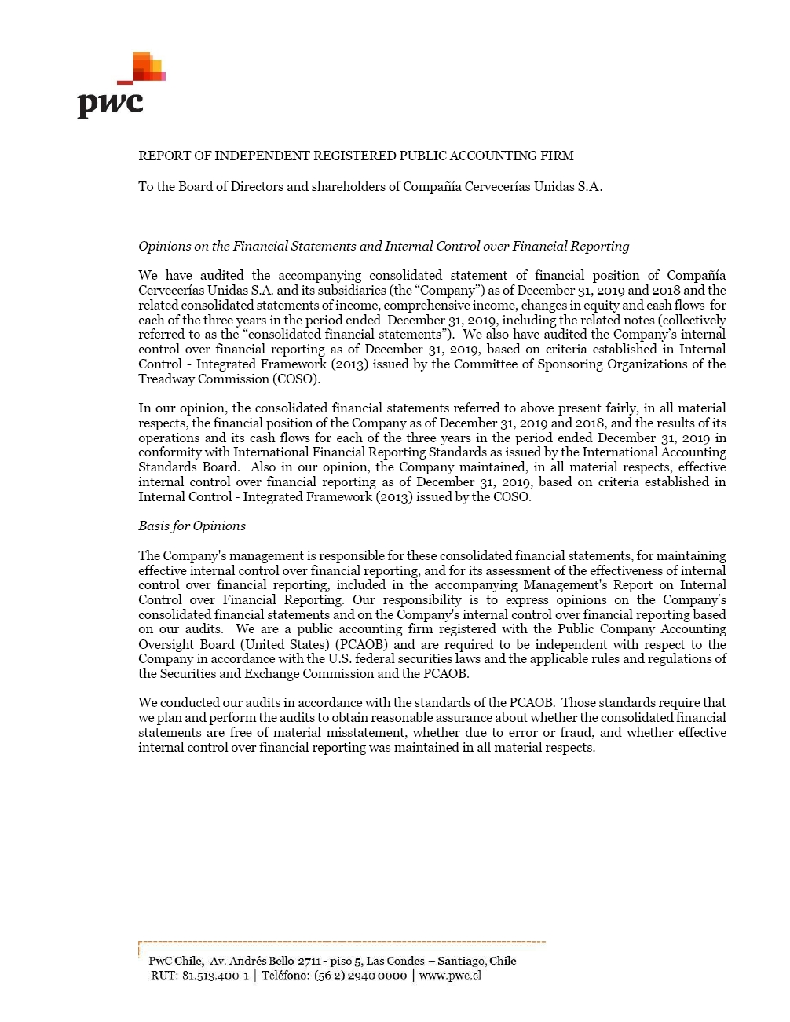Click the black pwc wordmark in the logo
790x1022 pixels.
(110, 104)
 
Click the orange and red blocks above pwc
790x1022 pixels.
(147, 67)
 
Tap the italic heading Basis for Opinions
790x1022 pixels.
(192, 526)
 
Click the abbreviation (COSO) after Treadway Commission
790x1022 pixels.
(296, 379)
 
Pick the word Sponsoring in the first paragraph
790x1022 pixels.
(574, 364)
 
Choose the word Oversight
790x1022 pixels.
(164, 644)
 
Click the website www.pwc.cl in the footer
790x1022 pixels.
(450, 976)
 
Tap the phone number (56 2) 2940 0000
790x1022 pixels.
(360, 976)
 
